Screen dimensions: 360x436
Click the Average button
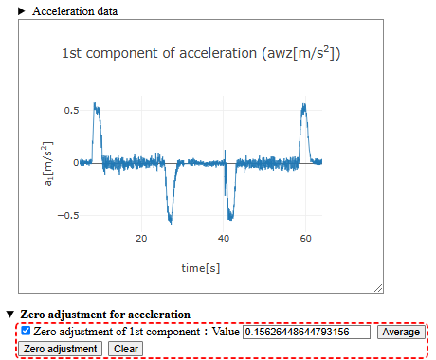(x=400, y=333)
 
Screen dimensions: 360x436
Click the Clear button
(x=124, y=349)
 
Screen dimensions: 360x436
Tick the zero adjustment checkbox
(x=26, y=332)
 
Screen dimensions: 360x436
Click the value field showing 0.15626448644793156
(x=306, y=333)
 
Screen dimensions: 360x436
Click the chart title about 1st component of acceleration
(x=201, y=54)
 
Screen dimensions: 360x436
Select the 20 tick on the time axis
(x=140, y=239)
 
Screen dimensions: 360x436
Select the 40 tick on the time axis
(x=224, y=239)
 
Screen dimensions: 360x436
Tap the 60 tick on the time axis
(x=306, y=239)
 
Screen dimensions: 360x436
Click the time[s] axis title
(x=201, y=268)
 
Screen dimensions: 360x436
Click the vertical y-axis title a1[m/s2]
(x=46, y=163)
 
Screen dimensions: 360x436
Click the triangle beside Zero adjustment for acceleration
(x=10, y=314)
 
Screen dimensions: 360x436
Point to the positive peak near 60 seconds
(x=304, y=107)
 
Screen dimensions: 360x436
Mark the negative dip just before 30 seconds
(x=171, y=221)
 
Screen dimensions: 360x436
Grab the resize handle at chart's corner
(x=378, y=287)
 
